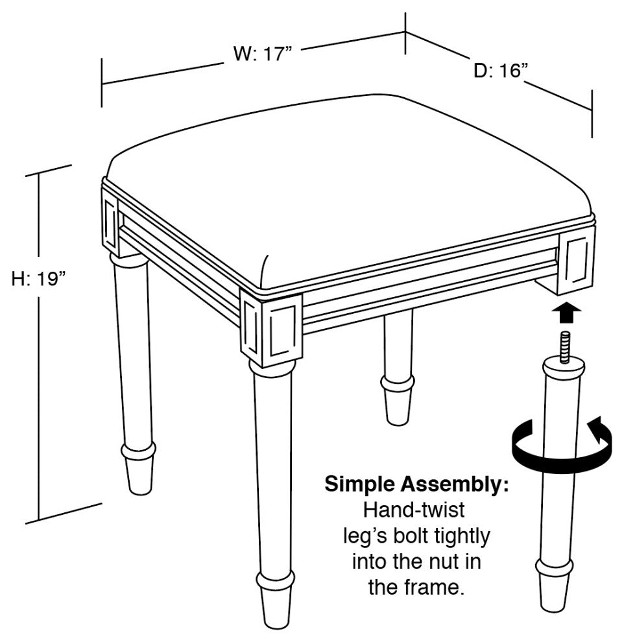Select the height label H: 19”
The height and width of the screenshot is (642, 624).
[x=39, y=279]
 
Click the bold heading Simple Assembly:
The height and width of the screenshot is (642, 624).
[x=417, y=484]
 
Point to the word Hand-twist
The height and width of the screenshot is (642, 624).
[x=414, y=510]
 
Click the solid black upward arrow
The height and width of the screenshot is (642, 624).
[x=566, y=313]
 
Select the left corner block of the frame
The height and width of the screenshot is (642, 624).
[x=110, y=222]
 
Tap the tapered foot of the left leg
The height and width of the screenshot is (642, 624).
[x=139, y=475]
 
